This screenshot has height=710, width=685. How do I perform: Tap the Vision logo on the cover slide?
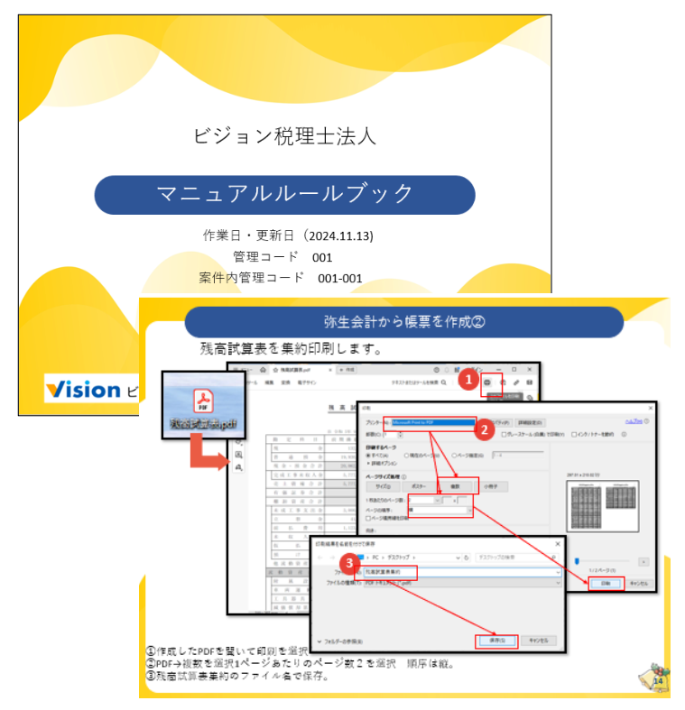pos(83,390)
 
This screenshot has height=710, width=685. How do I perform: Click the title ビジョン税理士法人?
pos(284,136)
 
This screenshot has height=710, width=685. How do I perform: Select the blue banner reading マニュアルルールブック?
pos(284,194)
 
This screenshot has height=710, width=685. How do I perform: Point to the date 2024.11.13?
pos(340,235)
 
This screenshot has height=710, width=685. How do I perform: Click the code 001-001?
pos(339,278)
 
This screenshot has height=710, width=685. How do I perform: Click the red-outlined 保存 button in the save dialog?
pos(495,641)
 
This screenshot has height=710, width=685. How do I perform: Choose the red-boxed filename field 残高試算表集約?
pos(390,572)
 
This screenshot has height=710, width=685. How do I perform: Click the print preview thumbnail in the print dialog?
pos(600,505)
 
